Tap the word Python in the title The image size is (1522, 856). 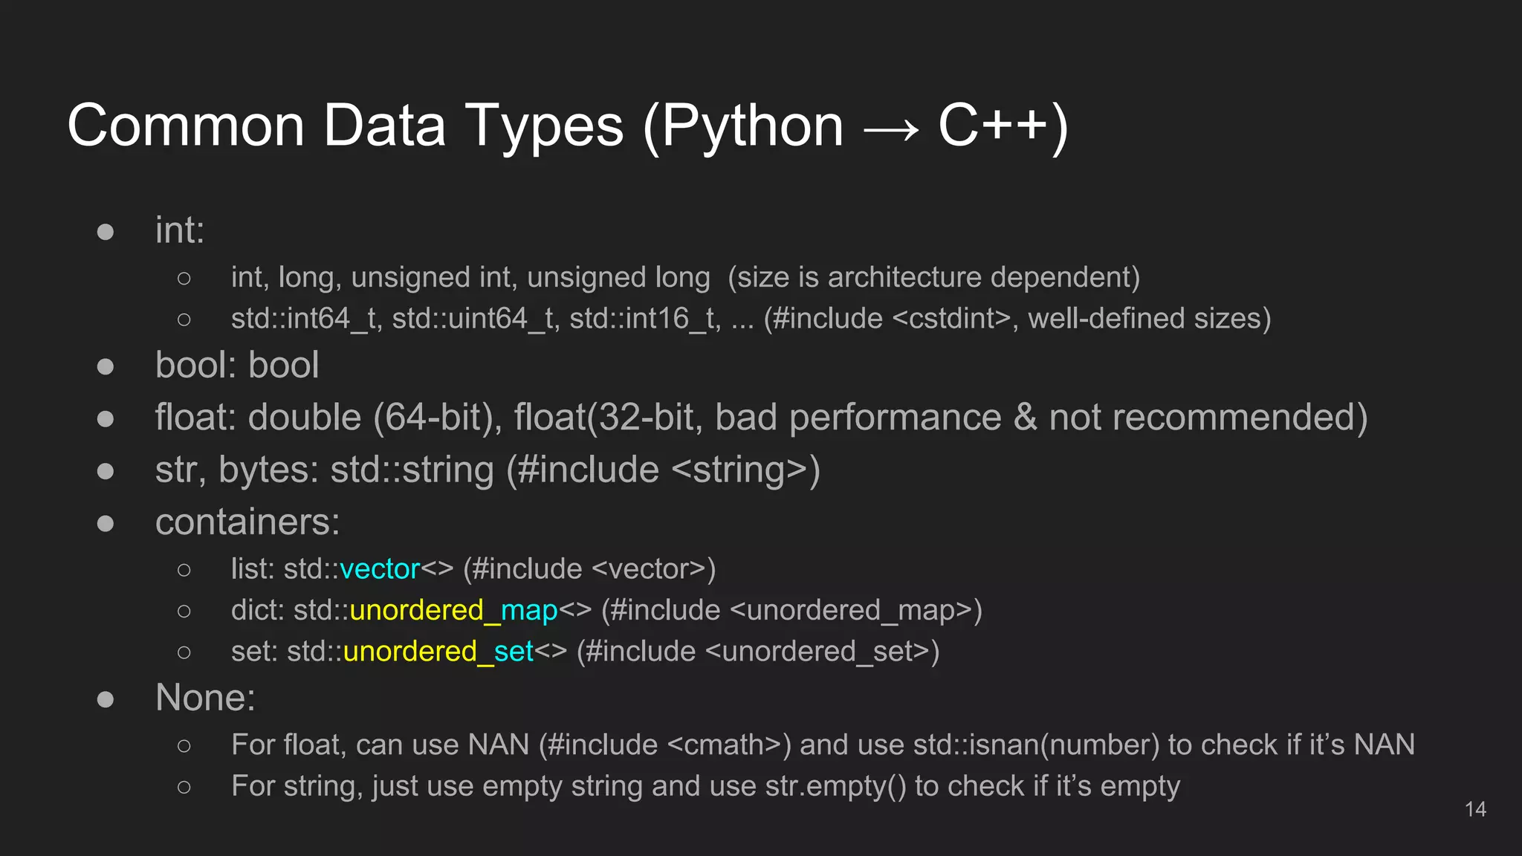pos(752,126)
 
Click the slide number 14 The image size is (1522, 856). pos(1475,809)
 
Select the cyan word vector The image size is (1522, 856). pos(380,569)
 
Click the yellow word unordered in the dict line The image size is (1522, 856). pos(416,611)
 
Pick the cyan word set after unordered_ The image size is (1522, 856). pos(514,652)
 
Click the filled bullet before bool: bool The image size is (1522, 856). pos(106,366)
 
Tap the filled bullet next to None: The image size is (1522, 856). pos(106,699)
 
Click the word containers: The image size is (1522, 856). pos(247,522)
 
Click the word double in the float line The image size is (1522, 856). pos(305,418)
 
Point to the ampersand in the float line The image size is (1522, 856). pos(1025,418)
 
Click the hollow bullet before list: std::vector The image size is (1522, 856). pos(184,570)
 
